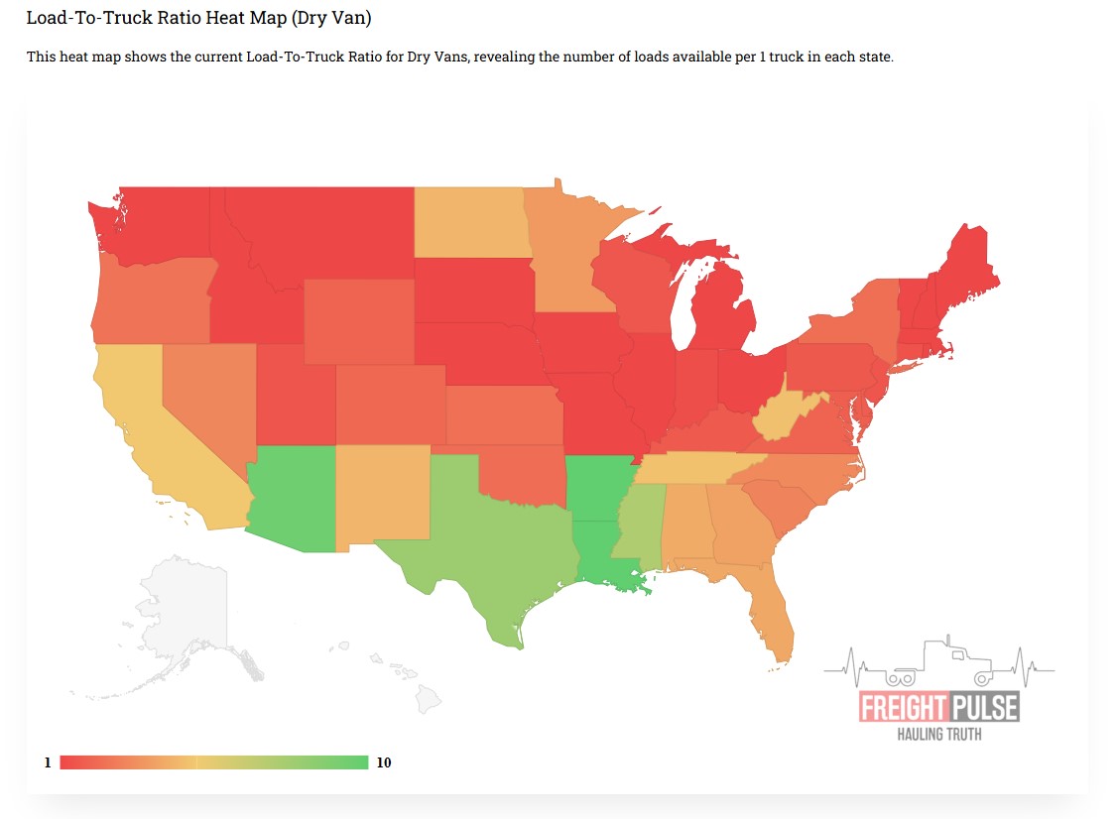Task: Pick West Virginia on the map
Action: click(784, 416)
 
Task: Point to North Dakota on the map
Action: click(467, 223)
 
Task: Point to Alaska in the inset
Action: click(184, 615)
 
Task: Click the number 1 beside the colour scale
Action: click(47, 762)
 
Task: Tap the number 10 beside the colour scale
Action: click(384, 762)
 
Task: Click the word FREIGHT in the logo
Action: click(902, 707)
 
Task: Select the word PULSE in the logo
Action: click(984, 707)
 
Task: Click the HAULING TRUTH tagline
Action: click(939, 735)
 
